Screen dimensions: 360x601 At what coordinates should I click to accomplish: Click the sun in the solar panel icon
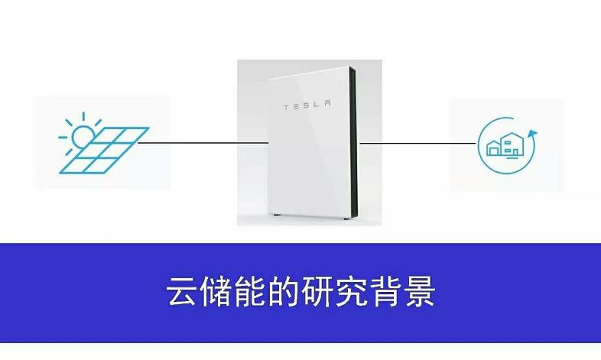click(x=81, y=134)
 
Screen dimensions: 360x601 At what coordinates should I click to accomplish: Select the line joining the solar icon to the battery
click(x=203, y=142)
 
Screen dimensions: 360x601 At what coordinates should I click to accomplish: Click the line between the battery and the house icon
click(x=417, y=142)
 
